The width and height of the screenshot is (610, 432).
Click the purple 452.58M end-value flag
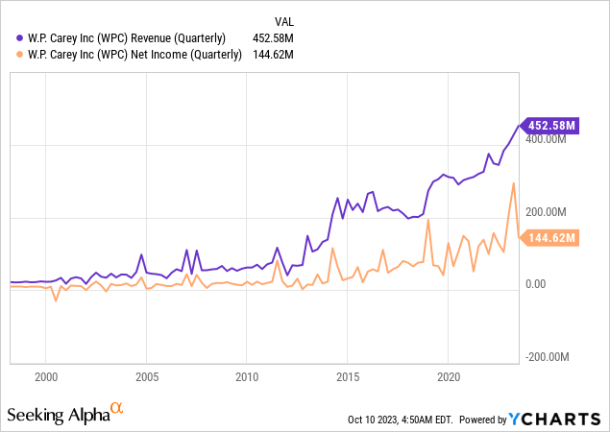(x=550, y=125)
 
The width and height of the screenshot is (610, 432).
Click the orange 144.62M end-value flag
(x=550, y=238)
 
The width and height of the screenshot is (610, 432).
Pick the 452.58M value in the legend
(x=271, y=38)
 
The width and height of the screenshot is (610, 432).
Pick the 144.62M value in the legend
(x=271, y=54)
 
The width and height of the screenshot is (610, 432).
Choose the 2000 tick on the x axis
(x=46, y=377)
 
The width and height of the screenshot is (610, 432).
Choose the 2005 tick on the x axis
(x=147, y=377)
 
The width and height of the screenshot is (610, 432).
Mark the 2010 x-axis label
(x=248, y=377)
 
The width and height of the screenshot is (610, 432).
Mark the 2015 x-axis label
(x=348, y=377)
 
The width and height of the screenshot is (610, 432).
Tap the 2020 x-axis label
(x=449, y=377)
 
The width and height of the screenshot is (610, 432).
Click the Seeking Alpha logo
(x=65, y=414)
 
